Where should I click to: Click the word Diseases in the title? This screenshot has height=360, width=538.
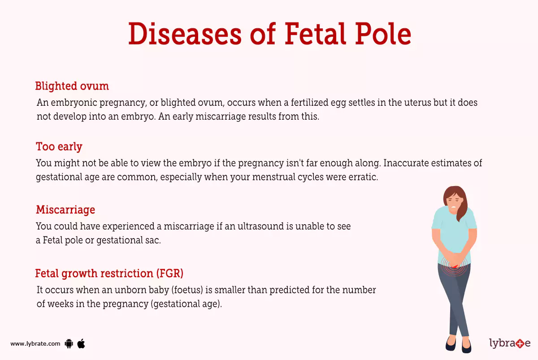[x=184, y=34]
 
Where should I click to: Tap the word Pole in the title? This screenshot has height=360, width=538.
[x=383, y=34]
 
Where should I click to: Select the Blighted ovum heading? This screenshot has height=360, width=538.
[x=72, y=86]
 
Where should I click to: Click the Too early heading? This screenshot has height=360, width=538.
[x=59, y=147]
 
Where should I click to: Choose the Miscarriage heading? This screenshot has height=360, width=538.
[x=65, y=210]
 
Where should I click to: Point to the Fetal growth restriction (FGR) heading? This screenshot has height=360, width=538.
[x=109, y=273]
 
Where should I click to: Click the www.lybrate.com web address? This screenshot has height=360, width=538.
[x=35, y=344]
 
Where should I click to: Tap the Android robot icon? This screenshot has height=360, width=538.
[x=69, y=344]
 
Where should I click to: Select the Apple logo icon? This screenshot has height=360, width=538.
[x=81, y=343]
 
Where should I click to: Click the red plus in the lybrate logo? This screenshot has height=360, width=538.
[x=520, y=344]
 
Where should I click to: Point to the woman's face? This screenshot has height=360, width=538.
[x=453, y=203]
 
